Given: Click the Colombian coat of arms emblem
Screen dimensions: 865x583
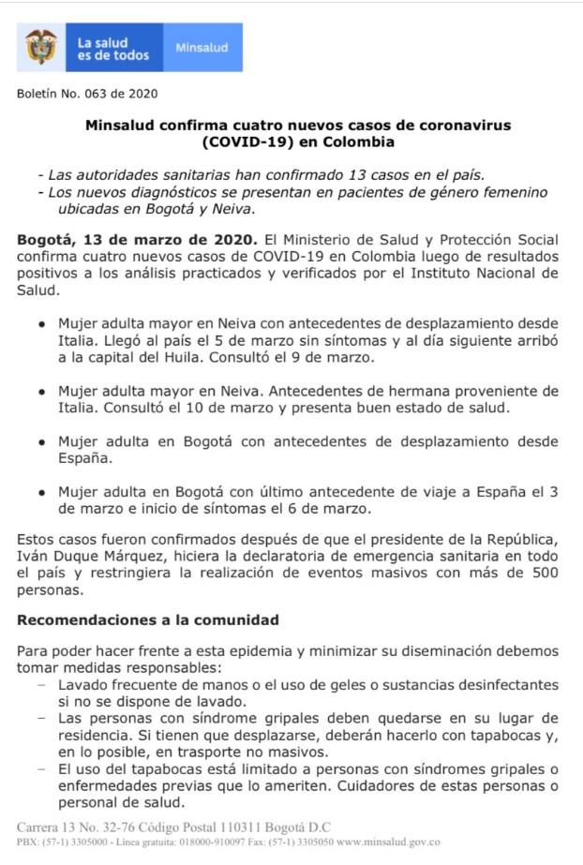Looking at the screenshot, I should (x=41, y=48).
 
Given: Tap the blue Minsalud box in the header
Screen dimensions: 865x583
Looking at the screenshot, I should (x=202, y=49).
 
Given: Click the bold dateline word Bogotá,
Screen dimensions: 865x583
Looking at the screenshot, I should (x=46, y=239).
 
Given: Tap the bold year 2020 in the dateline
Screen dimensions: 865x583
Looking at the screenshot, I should (x=183, y=239).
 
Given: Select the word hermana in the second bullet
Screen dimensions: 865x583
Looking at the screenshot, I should (x=411, y=391).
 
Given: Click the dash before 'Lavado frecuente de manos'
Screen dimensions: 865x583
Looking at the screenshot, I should (x=41, y=685).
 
